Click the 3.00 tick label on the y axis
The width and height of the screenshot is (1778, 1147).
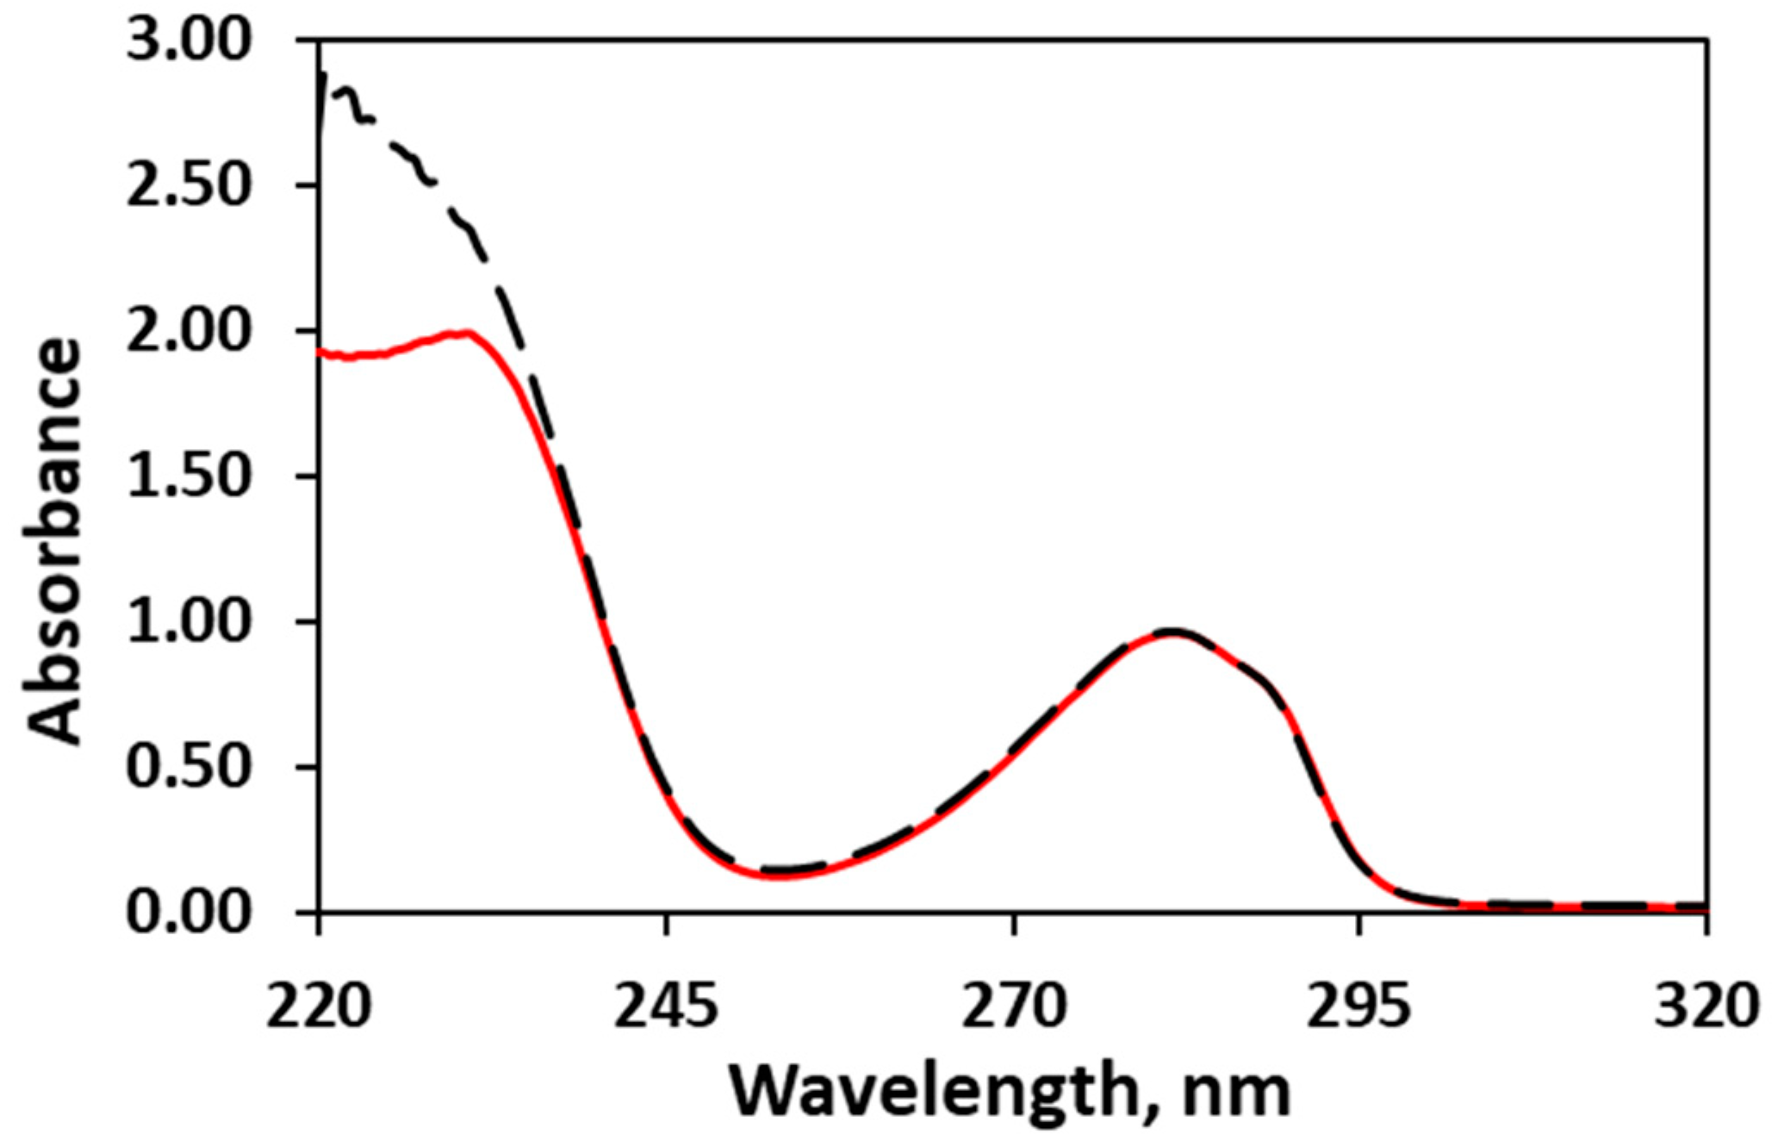click(x=187, y=42)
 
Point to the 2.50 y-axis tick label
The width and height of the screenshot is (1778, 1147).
click(x=187, y=187)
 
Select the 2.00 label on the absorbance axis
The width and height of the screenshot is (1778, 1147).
click(x=187, y=333)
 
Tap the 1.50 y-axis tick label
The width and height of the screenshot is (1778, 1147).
click(x=187, y=477)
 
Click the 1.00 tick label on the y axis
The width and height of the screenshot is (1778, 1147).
click(x=187, y=622)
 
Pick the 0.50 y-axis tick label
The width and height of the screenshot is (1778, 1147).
click(x=187, y=768)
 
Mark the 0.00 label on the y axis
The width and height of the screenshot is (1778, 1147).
click(x=187, y=913)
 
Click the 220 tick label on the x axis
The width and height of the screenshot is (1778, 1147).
click(x=318, y=1007)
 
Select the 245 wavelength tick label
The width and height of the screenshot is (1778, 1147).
click(x=666, y=1007)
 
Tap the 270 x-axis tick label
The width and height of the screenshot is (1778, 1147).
click(x=1014, y=1007)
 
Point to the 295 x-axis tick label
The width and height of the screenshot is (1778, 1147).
click(x=1360, y=1007)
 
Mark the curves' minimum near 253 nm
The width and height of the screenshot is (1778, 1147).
click(x=775, y=873)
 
